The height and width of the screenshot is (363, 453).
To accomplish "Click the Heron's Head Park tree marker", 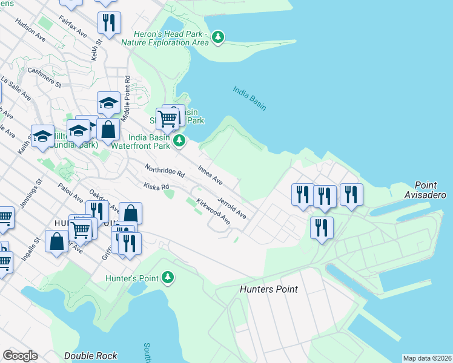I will pyautogui.click(x=218, y=38).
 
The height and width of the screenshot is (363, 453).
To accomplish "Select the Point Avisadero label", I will pyautogui.click(x=431, y=189).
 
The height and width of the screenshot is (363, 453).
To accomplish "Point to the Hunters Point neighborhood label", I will pyautogui.click(x=268, y=289).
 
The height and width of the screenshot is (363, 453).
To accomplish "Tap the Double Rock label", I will pyautogui.click(x=90, y=356).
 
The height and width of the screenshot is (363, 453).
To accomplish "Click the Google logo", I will pyautogui.click(x=20, y=356).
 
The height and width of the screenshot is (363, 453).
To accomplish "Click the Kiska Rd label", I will pyautogui.click(x=156, y=186).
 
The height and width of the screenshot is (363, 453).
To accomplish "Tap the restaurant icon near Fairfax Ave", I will pyautogui.click(x=109, y=23).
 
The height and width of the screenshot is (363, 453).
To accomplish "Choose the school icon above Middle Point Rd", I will pyautogui.click(x=108, y=103).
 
